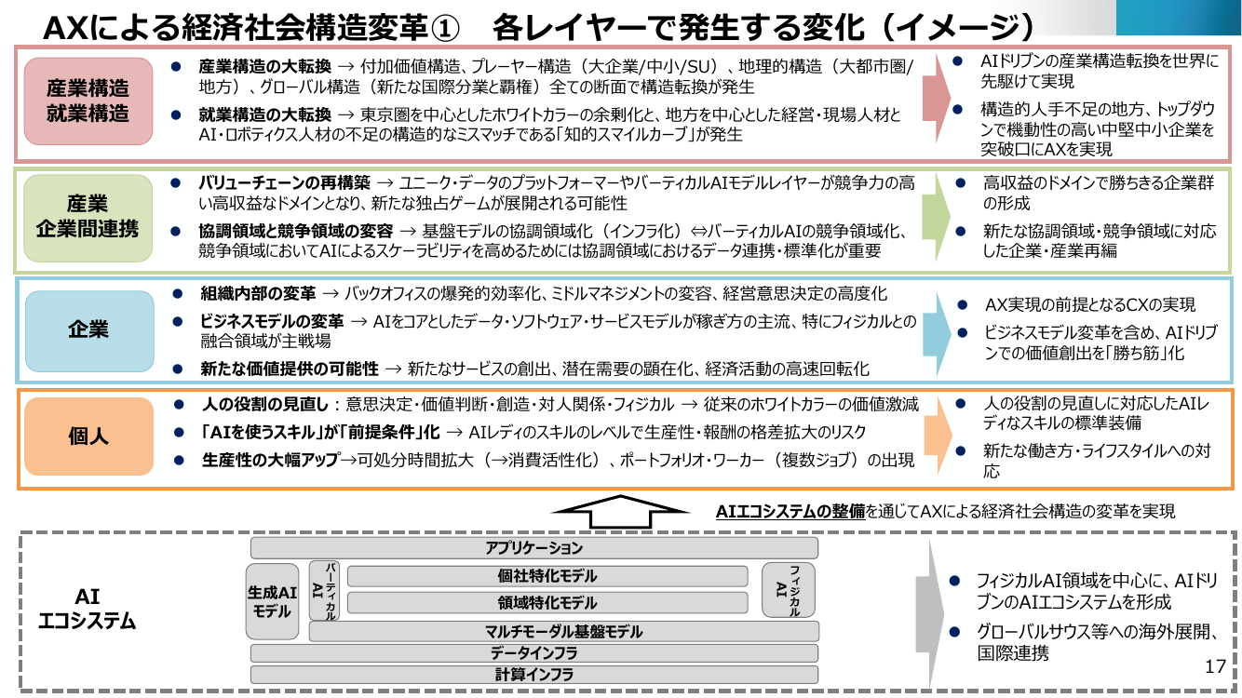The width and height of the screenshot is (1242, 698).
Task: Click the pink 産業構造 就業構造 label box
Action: pyautogui.click(x=88, y=101)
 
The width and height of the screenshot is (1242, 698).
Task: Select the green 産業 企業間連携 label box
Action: pyautogui.click(x=88, y=218)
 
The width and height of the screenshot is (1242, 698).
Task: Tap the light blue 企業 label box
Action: pyautogui.click(x=89, y=330)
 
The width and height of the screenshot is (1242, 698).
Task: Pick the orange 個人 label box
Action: pyautogui.click(x=88, y=436)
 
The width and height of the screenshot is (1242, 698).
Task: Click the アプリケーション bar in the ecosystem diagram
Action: pyautogui.click(x=534, y=548)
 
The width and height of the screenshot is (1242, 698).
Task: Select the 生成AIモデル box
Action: pyautogui.click(x=272, y=601)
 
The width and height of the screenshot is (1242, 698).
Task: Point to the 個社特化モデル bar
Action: pyautogui.click(x=547, y=576)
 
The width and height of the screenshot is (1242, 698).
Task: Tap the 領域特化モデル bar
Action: pyautogui.click(x=547, y=603)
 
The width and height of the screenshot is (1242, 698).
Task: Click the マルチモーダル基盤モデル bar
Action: pyautogui.click(x=563, y=632)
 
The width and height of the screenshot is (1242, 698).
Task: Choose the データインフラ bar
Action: pyautogui.click(x=534, y=653)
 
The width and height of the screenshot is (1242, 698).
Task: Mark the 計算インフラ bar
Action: pyautogui.click(x=534, y=674)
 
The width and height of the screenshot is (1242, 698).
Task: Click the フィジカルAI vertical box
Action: pyautogui.click(x=789, y=590)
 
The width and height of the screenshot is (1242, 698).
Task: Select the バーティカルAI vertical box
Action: pyautogui.click(x=324, y=590)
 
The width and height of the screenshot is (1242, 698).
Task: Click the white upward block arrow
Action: pyautogui.click(x=620, y=511)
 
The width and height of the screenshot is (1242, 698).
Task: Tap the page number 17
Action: pyautogui.click(x=1215, y=666)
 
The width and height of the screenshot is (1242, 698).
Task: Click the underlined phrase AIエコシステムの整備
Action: pyautogui.click(x=790, y=511)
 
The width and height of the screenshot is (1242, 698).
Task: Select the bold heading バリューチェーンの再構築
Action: pyautogui.click(x=285, y=183)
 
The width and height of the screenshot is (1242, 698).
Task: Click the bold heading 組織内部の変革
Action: pyautogui.click(x=258, y=293)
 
